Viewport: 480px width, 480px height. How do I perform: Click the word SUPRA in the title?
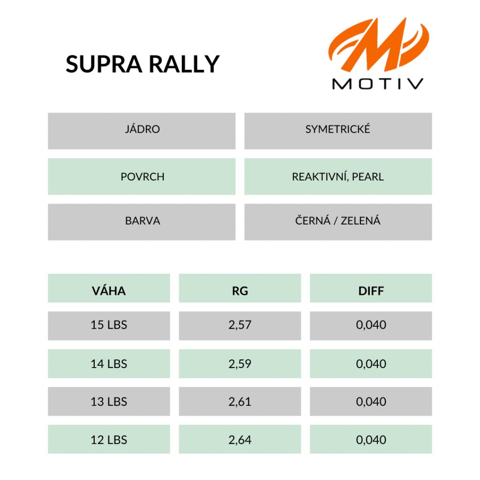(104, 64)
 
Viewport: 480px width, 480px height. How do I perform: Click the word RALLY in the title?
(184, 64)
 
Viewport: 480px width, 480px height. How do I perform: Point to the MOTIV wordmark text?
(378, 84)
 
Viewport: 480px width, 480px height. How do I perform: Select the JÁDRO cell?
(142, 131)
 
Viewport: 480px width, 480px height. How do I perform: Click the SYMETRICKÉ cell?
(338, 131)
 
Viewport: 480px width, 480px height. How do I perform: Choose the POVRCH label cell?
(142, 177)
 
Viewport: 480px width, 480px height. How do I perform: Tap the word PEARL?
(367, 177)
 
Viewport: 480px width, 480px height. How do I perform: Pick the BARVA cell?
(142, 222)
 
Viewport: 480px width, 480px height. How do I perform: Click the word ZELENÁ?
(360, 220)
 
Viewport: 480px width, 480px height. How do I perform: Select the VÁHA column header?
(109, 288)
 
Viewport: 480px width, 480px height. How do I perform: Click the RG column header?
(240, 288)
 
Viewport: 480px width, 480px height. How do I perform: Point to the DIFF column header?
(371, 288)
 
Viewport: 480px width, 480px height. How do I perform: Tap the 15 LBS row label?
(109, 325)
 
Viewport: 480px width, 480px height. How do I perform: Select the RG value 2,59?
(240, 364)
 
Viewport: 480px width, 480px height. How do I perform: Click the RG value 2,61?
(240, 402)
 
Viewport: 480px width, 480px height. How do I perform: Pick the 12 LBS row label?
(109, 440)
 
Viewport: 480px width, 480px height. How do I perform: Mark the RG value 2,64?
(240, 440)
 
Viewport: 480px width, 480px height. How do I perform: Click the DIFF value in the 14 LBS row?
(371, 364)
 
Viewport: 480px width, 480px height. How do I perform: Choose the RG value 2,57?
(240, 325)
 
